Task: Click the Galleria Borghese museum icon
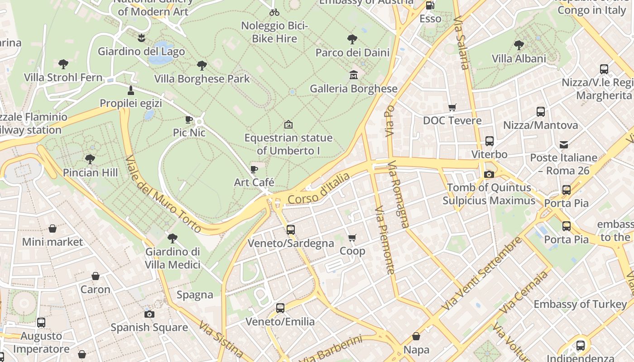tap(353, 75)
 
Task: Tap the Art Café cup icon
tap(254, 169)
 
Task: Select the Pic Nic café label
tap(189, 133)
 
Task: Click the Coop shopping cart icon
tap(352, 238)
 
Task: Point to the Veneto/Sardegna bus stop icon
tap(291, 230)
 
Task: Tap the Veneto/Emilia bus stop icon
tap(280, 308)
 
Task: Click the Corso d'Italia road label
tap(319, 188)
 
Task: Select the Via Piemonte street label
tap(385, 240)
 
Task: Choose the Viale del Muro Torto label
tap(163, 195)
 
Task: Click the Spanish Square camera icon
tap(149, 314)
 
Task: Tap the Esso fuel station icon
tap(430, 5)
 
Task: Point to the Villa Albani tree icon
tap(519, 45)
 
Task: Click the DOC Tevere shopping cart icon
tap(452, 107)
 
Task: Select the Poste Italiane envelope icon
tap(564, 145)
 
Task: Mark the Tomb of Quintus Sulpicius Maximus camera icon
tap(489, 174)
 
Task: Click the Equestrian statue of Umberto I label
tap(288, 144)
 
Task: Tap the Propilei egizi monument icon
tap(131, 90)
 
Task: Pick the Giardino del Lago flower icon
tap(141, 38)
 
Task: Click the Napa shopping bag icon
tap(416, 336)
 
